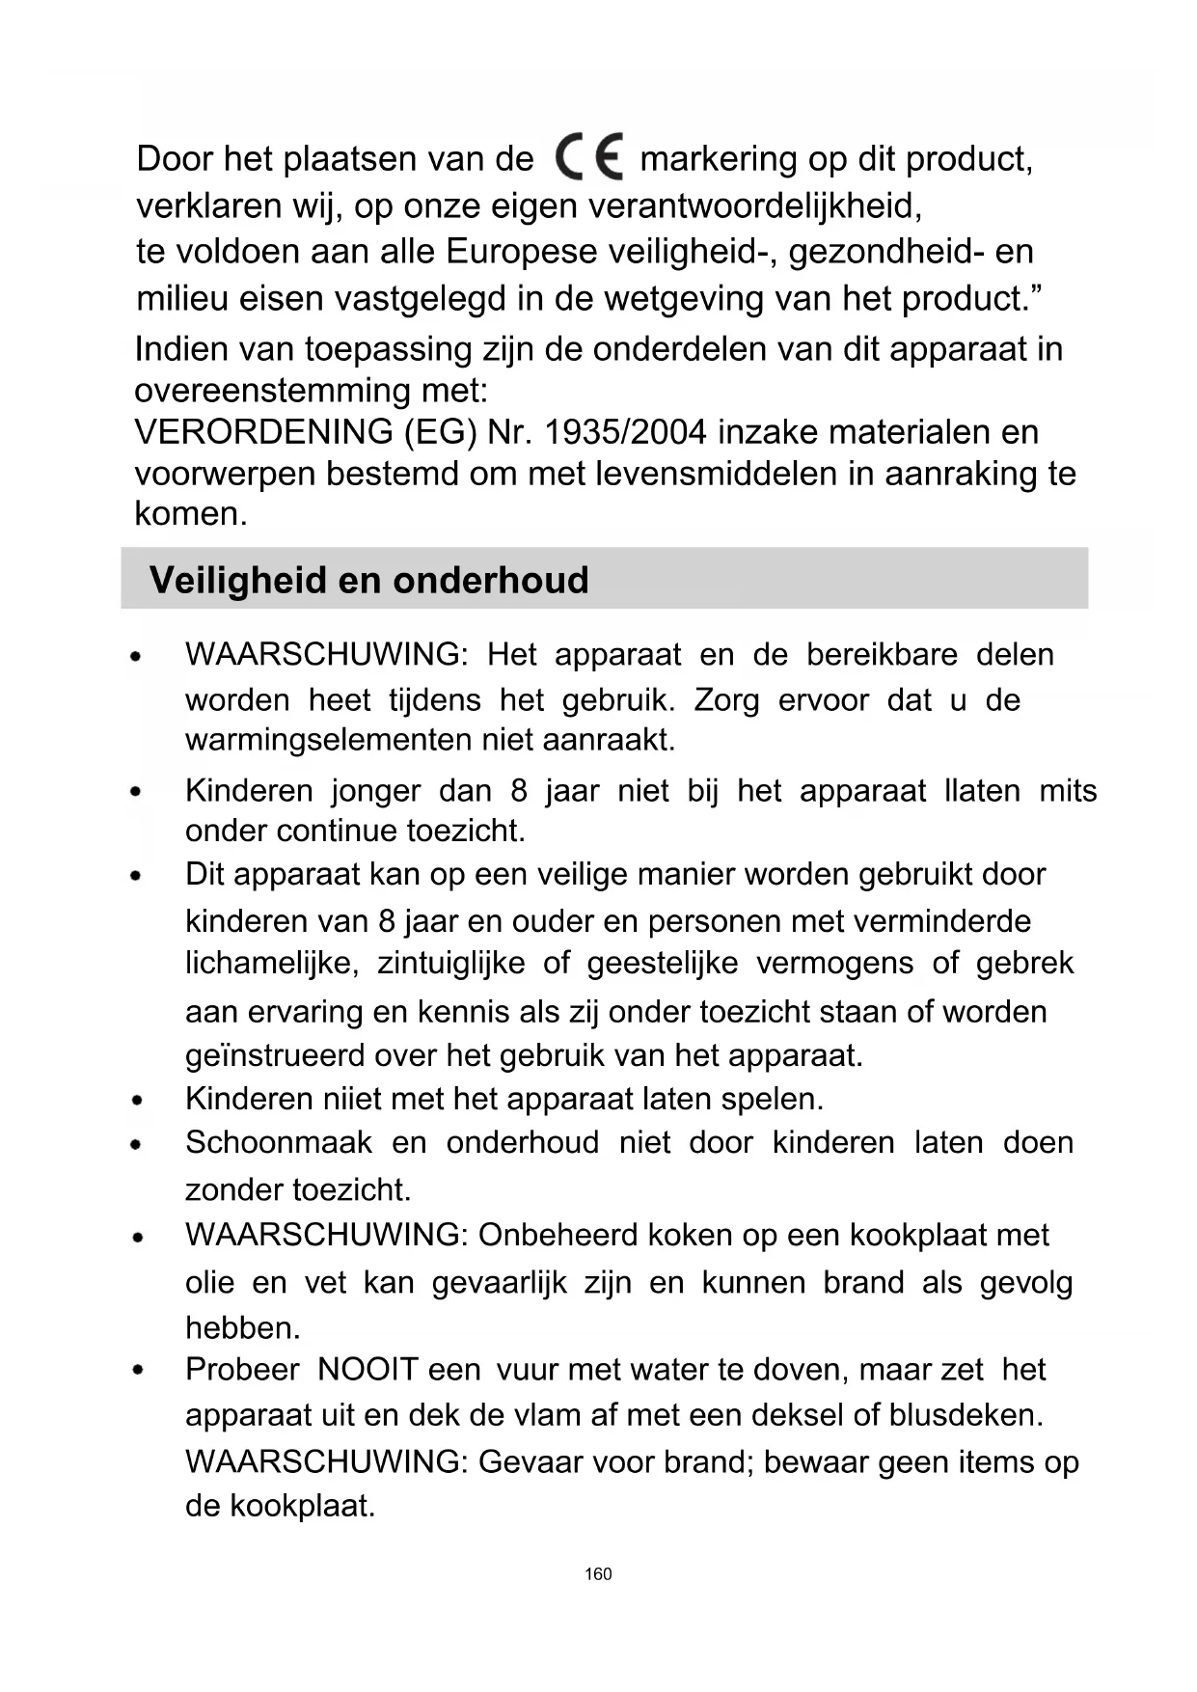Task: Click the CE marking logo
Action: [588, 156]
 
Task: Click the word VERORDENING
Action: [263, 432]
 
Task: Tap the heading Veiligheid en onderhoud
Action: [368, 580]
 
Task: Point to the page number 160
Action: [598, 1574]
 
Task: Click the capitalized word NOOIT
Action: [367, 1369]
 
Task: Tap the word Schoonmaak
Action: [278, 1142]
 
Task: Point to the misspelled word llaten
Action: [982, 791]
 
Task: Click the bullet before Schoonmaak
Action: [139, 1144]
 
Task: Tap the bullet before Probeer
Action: [139, 1370]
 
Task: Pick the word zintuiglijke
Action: [450, 963]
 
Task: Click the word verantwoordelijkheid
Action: [754, 205]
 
